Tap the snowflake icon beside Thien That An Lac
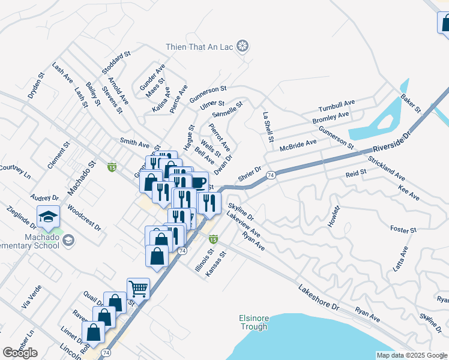(243, 46)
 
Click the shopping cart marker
(138, 289)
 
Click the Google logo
(20, 353)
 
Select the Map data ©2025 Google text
(411, 355)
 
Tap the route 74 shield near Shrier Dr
(271, 175)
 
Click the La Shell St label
(268, 127)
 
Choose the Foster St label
(403, 230)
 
